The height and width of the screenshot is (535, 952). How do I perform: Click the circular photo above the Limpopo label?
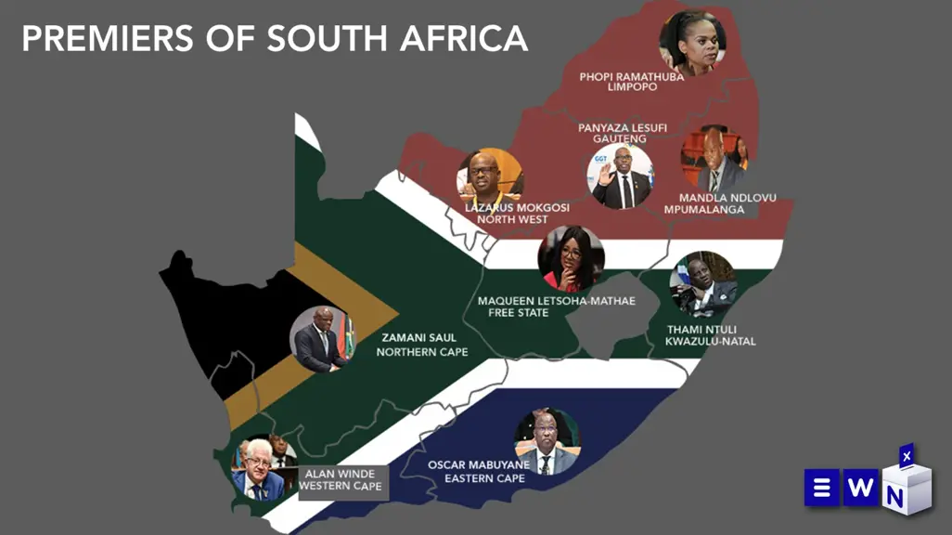coord(691,43)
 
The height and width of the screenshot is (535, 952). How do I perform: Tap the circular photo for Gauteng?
coord(621,176)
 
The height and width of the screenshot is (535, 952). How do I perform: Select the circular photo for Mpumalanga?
coord(714,159)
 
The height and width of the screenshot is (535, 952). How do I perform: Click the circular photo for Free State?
coord(572,259)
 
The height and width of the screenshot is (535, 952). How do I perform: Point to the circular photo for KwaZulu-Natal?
coord(703,284)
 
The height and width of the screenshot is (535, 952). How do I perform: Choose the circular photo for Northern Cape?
coord(322,339)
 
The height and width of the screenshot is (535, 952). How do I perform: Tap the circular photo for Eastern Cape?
coord(547,441)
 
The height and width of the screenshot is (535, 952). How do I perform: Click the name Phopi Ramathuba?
coord(631,76)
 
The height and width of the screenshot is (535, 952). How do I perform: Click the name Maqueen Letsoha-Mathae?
coord(556,301)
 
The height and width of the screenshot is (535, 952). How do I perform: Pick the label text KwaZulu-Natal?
coord(710,342)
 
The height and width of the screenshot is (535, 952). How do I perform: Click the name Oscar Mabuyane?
coord(479,465)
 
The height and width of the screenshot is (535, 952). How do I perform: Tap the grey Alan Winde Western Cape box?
coord(342,479)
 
